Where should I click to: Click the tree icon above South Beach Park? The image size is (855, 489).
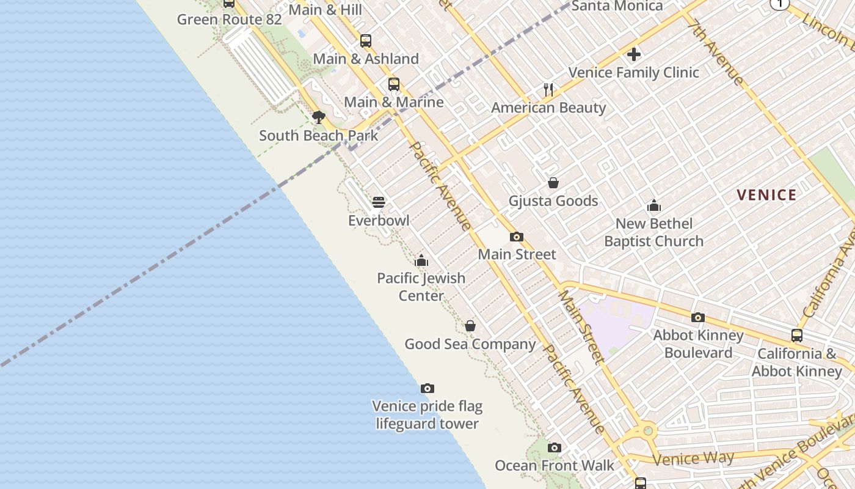pyautogui.click(x=318, y=117)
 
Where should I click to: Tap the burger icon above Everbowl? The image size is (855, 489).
pyautogui.click(x=379, y=202)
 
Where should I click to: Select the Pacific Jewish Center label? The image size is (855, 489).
pyautogui.click(x=421, y=287)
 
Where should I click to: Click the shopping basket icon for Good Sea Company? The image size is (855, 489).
pyautogui.click(x=470, y=326)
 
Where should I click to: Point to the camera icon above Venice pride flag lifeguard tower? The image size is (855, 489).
pyautogui.click(x=428, y=388)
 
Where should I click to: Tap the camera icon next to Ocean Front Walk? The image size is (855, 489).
pyautogui.click(x=554, y=447)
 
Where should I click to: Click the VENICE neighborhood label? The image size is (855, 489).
pyautogui.click(x=766, y=195)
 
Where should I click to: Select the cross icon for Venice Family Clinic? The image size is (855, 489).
pyautogui.click(x=634, y=54)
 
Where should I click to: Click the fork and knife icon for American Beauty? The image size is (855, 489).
pyautogui.click(x=548, y=90)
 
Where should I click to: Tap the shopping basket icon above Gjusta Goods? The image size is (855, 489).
pyautogui.click(x=553, y=183)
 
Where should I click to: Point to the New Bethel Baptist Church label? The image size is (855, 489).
pyautogui.click(x=653, y=232)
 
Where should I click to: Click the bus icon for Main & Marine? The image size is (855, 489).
pyautogui.click(x=394, y=84)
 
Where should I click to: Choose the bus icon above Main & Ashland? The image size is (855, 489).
pyautogui.click(x=366, y=41)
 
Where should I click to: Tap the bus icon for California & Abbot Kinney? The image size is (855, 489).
pyautogui.click(x=797, y=336)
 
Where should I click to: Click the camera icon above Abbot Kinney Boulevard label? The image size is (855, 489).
pyautogui.click(x=698, y=317)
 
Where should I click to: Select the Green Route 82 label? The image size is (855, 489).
pyautogui.click(x=230, y=20)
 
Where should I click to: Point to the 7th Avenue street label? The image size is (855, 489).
pyautogui.click(x=716, y=54)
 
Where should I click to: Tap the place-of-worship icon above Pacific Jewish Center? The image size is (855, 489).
pyautogui.click(x=421, y=261)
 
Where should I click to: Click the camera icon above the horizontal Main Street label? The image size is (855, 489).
pyautogui.click(x=517, y=237)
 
